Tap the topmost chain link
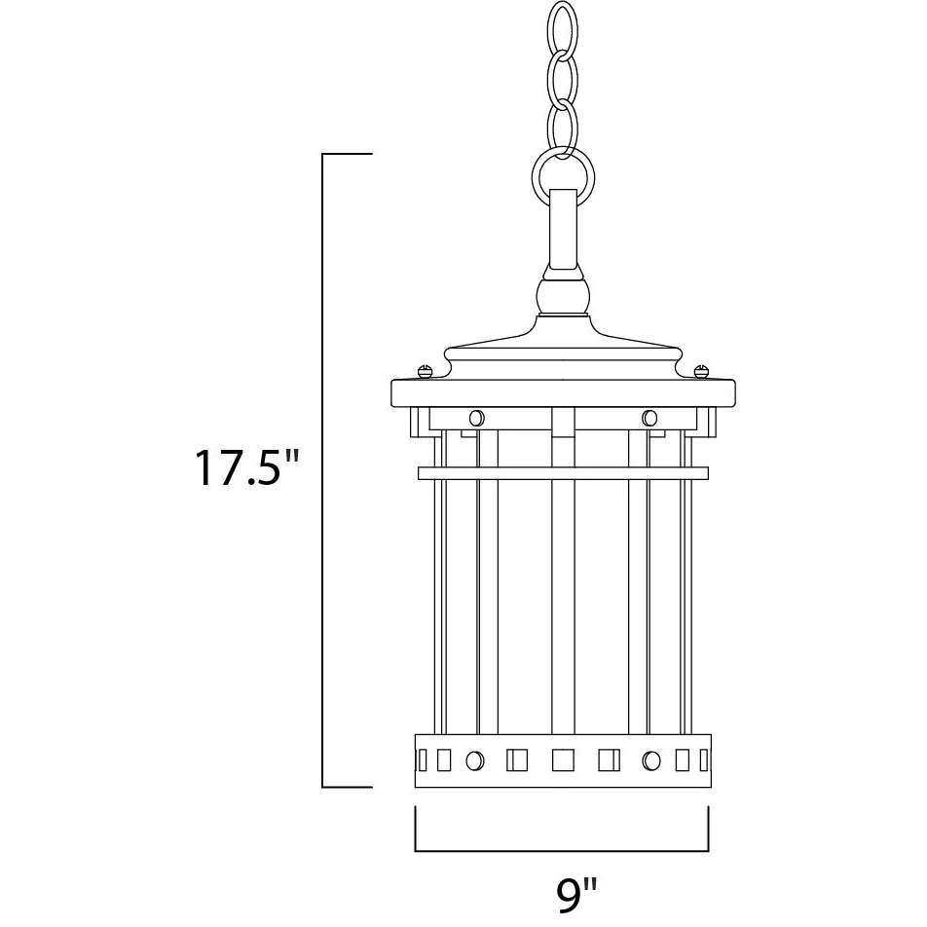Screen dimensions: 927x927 pos(562,28)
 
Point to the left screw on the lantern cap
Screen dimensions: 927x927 pos(426,371)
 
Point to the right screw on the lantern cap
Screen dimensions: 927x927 pos(700,371)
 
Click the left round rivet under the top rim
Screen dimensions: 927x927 pos(476,419)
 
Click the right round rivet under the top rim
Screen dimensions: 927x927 pos(649,419)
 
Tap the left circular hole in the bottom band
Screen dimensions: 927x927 pos(475,760)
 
